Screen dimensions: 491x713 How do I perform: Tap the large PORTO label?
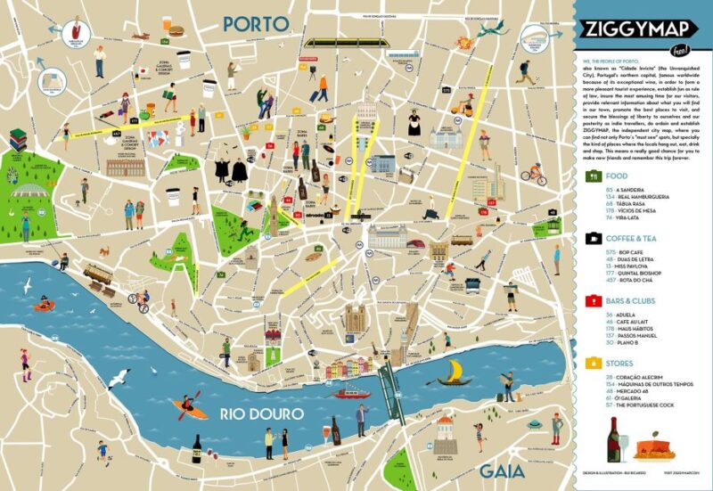coord(258,24)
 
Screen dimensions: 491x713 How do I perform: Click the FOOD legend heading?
coord(616,176)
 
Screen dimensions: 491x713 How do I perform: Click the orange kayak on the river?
coord(190,409)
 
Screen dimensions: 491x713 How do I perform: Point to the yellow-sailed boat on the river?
coord(455,372)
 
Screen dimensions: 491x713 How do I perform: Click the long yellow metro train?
coord(338,41)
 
